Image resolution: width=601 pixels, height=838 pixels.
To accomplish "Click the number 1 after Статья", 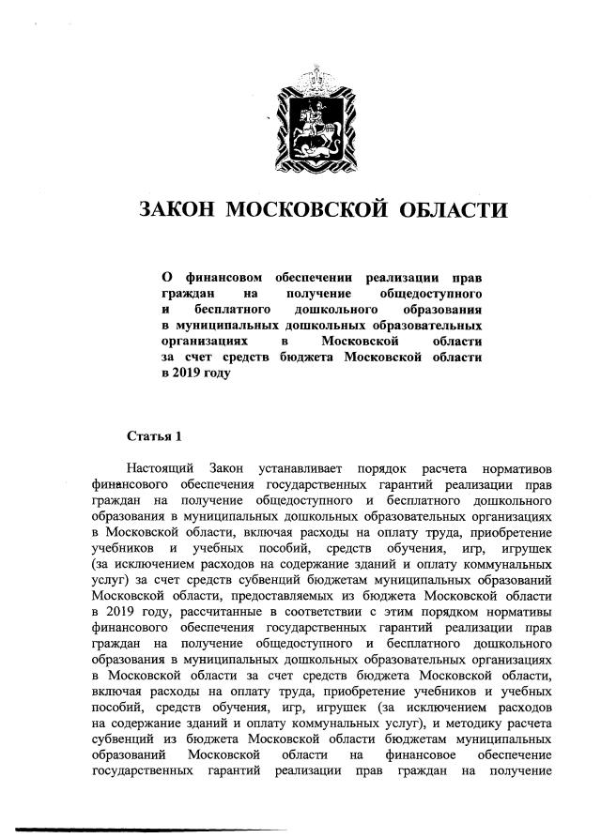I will (176, 436).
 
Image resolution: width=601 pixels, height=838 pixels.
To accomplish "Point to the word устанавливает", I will (305, 467).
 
